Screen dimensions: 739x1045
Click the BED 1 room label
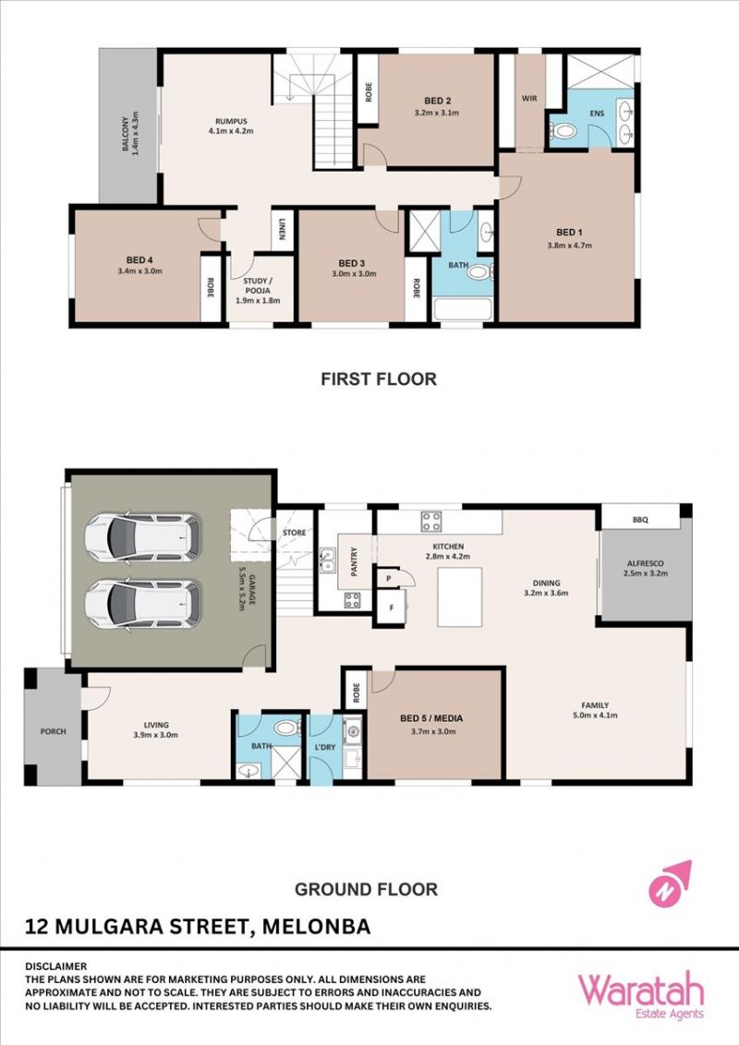(x=570, y=233)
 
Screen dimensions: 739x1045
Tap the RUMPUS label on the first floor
(x=231, y=121)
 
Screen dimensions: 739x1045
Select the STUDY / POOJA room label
(x=258, y=286)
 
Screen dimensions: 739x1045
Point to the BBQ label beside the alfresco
(x=640, y=520)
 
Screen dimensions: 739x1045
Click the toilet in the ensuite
(x=563, y=131)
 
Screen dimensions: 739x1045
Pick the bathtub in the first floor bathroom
(x=463, y=310)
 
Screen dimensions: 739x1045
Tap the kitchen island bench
(x=459, y=596)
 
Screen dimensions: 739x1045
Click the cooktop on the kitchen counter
(x=430, y=522)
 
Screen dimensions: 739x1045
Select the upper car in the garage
(x=143, y=535)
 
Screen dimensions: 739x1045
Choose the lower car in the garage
(x=143, y=605)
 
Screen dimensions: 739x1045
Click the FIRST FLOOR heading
(x=379, y=379)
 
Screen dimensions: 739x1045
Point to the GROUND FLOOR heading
(x=366, y=889)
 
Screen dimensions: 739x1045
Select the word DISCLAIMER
(x=56, y=966)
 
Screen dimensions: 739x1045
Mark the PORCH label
(x=54, y=731)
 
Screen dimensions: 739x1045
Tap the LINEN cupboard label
(x=283, y=229)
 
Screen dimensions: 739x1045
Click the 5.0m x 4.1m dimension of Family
(x=595, y=715)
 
